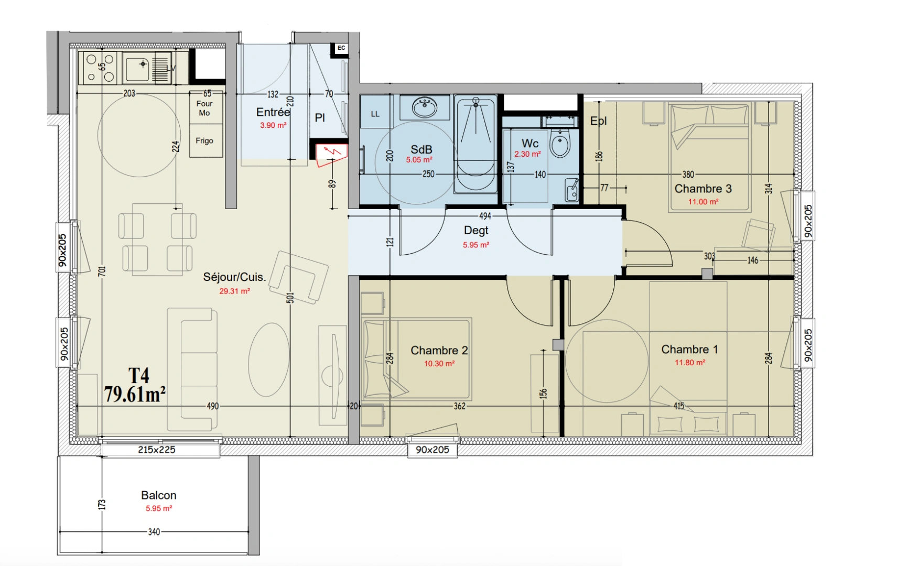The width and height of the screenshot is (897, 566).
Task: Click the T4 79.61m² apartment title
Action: (135, 386)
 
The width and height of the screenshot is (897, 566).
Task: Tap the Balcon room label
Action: (158, 496)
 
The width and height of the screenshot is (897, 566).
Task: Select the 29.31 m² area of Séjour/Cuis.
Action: (235, 291)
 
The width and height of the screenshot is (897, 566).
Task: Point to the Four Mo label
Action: (204, 108)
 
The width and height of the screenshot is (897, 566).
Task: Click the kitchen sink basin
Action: (137, 69)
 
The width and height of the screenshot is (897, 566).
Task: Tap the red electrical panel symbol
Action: (331, 155)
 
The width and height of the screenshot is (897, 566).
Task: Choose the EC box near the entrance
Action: (341, 48)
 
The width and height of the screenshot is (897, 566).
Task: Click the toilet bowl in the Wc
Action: (559, 143)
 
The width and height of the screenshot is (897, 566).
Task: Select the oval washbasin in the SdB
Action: (425, 107)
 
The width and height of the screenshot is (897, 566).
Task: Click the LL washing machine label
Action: (375, 114)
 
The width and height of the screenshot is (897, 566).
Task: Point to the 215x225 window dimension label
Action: (157, 450)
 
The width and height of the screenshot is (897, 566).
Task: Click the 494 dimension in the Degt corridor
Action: (485, 216)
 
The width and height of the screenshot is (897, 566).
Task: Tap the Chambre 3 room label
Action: (703, 189)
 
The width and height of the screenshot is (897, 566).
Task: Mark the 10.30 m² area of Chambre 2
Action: (439, 364)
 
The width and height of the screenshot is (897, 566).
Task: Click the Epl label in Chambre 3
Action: (598, 121)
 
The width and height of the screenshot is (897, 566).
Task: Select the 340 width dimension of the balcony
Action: (154, 532)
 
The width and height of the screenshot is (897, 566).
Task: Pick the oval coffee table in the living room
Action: (269, 360)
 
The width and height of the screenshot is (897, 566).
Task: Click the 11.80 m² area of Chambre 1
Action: (690, 362)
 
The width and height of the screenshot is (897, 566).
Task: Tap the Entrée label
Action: (273, 112)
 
